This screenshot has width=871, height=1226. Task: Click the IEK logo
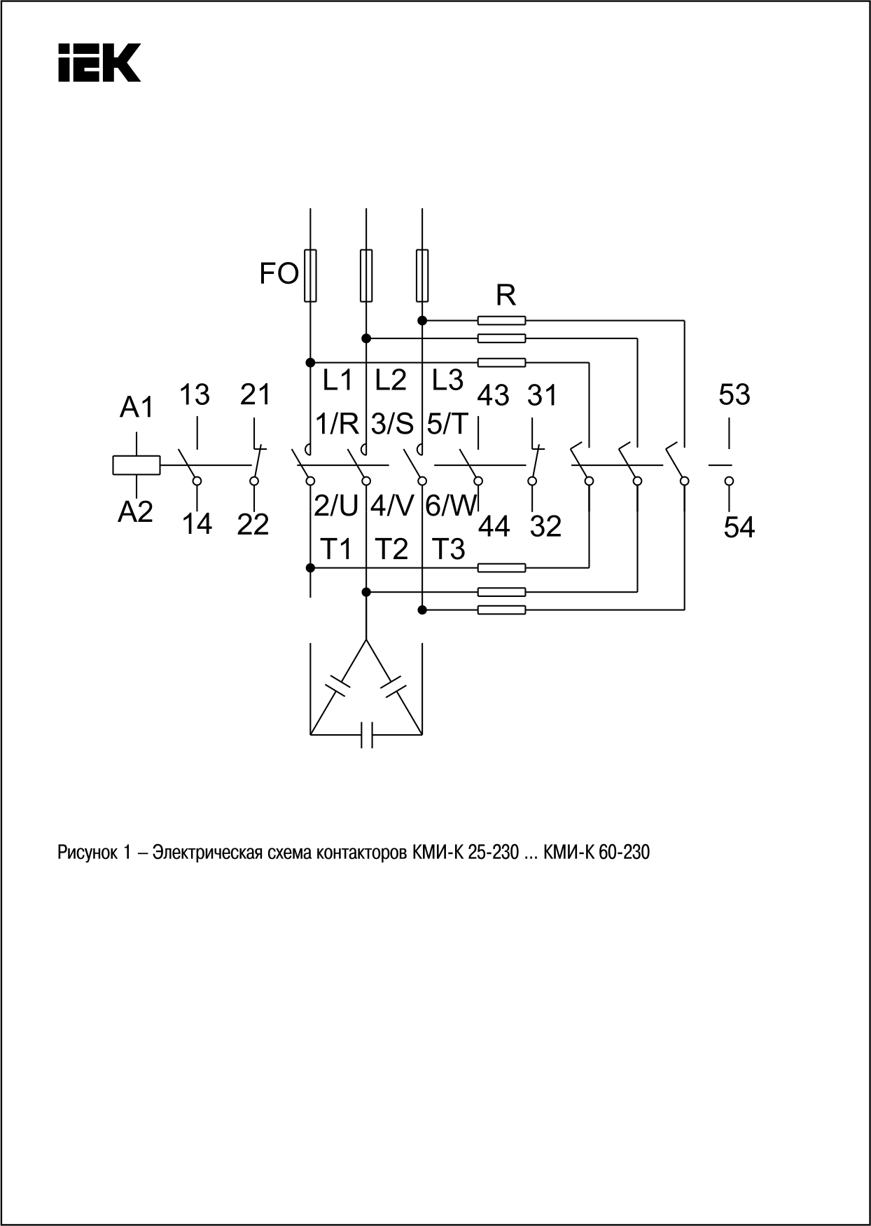pyautogui.click(x=99, y=63)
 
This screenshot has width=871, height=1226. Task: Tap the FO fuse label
pyautogui.click(x=279, y=274)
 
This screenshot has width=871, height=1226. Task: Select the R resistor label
pyautogui.click(x=506, y=296)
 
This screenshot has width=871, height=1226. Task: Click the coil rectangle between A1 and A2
pyautogui.click(x=137, y=465)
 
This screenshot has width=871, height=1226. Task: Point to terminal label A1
pyautogui.click(x=137, y=407)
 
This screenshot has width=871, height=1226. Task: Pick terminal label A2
pyautogui.click(x=135, y=513)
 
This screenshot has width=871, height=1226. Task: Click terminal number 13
pyautogui.click(x=195, y=395)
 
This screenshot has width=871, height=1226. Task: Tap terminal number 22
pyautogui.click(x=253, y=525)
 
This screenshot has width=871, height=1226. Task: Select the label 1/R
pyautogui.click(x=337, y=424)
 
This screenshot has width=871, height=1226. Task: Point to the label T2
pyautogui.click(x=391, y=549)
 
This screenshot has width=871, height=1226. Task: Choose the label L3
pyautogui.click(x=447, y=380)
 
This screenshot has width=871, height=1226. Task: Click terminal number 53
pyautogui.click(x=734, y=395)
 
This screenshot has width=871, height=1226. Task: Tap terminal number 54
pyautogui.click(x=739, y=528)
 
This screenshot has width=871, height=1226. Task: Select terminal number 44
pyautogui.click(x=494, y=526)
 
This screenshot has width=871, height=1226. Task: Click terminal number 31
pyautogui.click(x=543, y=395)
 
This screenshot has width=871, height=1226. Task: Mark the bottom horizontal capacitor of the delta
pyautogui.click(x=366, y=734)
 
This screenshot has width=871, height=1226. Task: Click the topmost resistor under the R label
pyautogui.click(x=501, y=320)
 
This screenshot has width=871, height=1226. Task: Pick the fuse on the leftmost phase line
pyautogui.click(x=309, y=275)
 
